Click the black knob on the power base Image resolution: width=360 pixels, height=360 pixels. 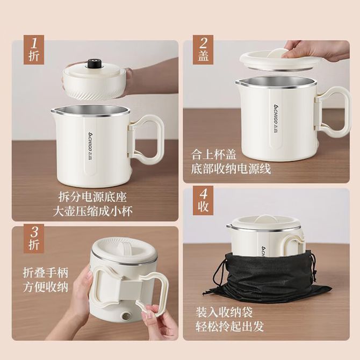tap(93, 64)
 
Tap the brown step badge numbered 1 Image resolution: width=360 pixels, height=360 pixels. tap(34, 49)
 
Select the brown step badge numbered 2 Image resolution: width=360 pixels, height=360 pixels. tap(203, 49)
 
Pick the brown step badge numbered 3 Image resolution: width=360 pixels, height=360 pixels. tap(34, 239)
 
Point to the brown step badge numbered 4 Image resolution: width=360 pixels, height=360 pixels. tap(203, 200)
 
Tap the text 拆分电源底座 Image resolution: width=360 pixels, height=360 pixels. tap(92, 197)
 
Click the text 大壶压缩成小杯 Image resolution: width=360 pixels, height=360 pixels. tap(92, 211)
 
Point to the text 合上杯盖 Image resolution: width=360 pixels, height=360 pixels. tap(213, 154)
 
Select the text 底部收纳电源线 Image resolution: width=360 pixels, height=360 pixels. tap(231, 169)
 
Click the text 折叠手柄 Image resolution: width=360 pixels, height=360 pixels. tap(46, 272)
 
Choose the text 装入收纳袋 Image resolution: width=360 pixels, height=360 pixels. tap(224, 312)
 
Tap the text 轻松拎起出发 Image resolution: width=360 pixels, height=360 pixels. tap(229, 326)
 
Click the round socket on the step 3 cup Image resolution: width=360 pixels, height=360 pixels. tap(126, 316)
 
